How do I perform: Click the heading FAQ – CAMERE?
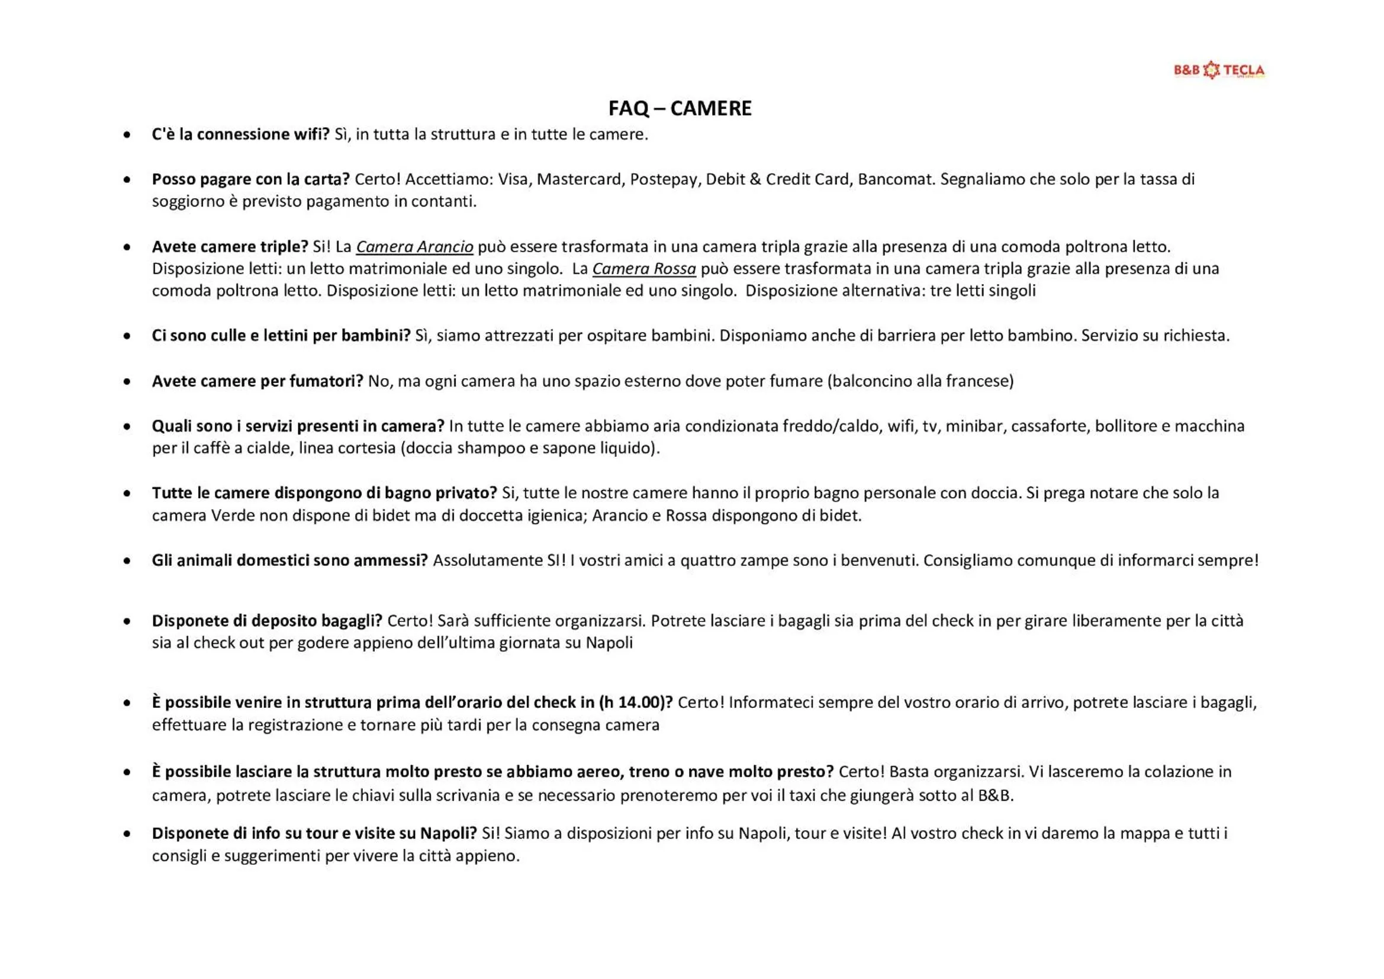(680, 108)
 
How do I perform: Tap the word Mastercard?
(579, 180)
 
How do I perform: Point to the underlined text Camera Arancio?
(414, 247)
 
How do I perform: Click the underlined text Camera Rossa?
(644, 269)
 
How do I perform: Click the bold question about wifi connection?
(240, 134)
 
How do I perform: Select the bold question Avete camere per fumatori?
(258, 382)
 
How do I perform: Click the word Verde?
(226, 516)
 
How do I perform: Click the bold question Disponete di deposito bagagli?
(267, 621)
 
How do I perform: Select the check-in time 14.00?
(638, 703)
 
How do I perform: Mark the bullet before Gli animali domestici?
(127, 561)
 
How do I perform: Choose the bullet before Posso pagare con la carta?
(127, 180)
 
